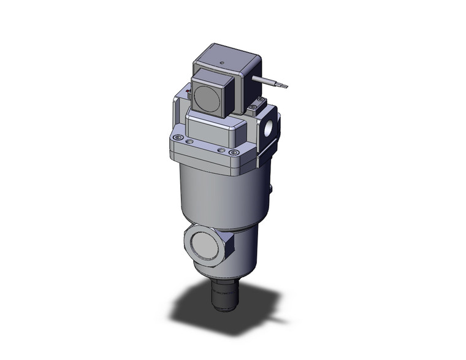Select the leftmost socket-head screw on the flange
(178, 137)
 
